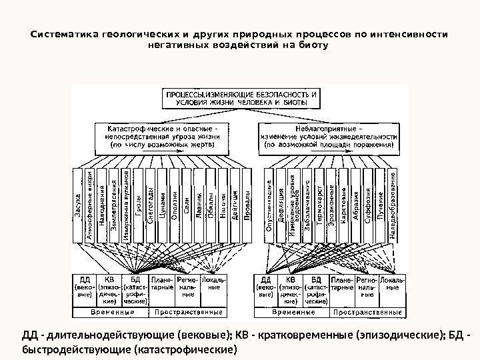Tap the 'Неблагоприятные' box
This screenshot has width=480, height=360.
pyautogui.click(x=329, y=134)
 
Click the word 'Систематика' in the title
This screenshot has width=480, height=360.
pyautogui.click(x=61, y=33)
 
